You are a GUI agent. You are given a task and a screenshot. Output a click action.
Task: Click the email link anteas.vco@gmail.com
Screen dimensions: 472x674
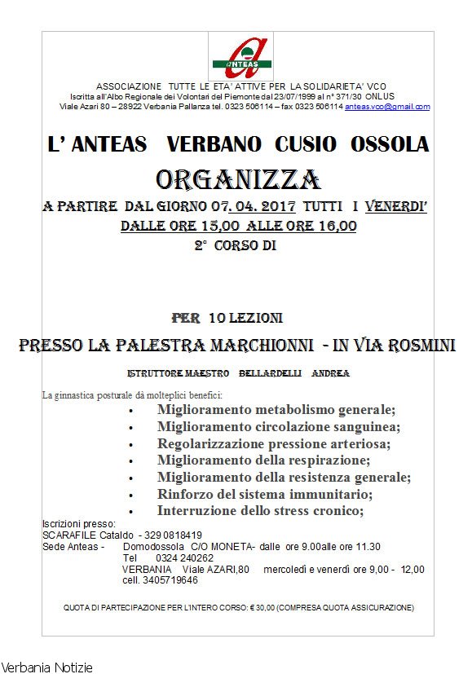387,107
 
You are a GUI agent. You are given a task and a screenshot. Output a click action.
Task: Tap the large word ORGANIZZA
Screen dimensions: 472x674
238,179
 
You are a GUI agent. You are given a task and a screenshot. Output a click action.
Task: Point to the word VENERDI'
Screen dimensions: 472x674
396,207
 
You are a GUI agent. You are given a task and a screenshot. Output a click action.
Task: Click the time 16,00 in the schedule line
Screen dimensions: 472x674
335,226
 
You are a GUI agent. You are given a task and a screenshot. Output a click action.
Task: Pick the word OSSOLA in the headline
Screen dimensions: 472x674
390,145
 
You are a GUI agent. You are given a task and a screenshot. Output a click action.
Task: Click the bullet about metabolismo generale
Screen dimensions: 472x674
276,409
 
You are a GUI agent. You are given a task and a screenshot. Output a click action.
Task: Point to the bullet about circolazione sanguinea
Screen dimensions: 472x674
278,426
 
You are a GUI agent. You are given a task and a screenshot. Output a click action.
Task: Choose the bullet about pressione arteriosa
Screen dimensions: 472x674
274,443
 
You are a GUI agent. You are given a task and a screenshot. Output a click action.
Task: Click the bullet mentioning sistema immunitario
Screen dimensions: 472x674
265,494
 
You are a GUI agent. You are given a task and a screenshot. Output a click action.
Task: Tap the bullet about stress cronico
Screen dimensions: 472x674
260,510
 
